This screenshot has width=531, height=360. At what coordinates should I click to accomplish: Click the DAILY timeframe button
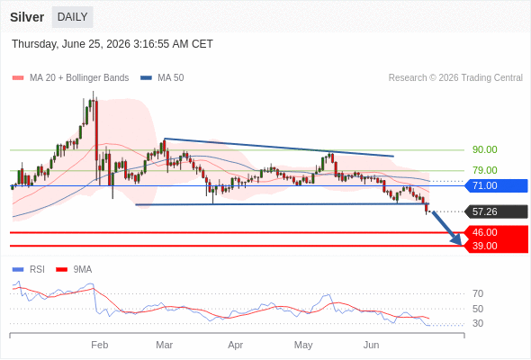click(73, 17)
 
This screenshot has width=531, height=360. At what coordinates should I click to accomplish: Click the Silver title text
click(27, 17)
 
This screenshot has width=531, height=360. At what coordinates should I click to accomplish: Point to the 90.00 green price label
click(484, 149)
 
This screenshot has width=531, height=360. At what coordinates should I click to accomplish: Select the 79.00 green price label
click(484, 170)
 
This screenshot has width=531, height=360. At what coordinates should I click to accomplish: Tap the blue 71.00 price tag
click(496, 185)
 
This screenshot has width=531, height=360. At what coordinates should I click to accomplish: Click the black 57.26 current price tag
click(496, 211)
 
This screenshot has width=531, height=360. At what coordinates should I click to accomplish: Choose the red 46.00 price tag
click(496, 232)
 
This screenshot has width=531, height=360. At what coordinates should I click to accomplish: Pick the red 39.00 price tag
click(496, 246)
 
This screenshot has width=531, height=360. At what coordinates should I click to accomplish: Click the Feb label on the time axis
click(100, 345)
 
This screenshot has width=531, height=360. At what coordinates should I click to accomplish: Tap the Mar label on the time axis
click(164, 345)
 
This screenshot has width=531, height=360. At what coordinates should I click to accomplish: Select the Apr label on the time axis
click(236, 345)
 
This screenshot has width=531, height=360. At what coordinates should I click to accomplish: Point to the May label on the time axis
click(303, 345)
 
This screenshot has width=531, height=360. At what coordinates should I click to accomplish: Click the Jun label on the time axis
click(371, 345)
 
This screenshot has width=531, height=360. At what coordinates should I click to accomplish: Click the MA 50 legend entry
click(162, 78)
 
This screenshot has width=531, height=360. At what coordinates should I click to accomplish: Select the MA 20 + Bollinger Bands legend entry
click(70, 78)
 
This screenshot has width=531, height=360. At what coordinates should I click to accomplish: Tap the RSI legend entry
click(29, 270)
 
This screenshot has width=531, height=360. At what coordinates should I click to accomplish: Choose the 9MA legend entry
click(74, 270)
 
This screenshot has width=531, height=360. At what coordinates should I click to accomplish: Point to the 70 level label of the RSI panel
click(478, 293)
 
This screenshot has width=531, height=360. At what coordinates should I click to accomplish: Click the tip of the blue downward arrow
click(461, 245)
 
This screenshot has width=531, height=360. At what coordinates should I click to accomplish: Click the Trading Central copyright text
click(455, 78)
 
